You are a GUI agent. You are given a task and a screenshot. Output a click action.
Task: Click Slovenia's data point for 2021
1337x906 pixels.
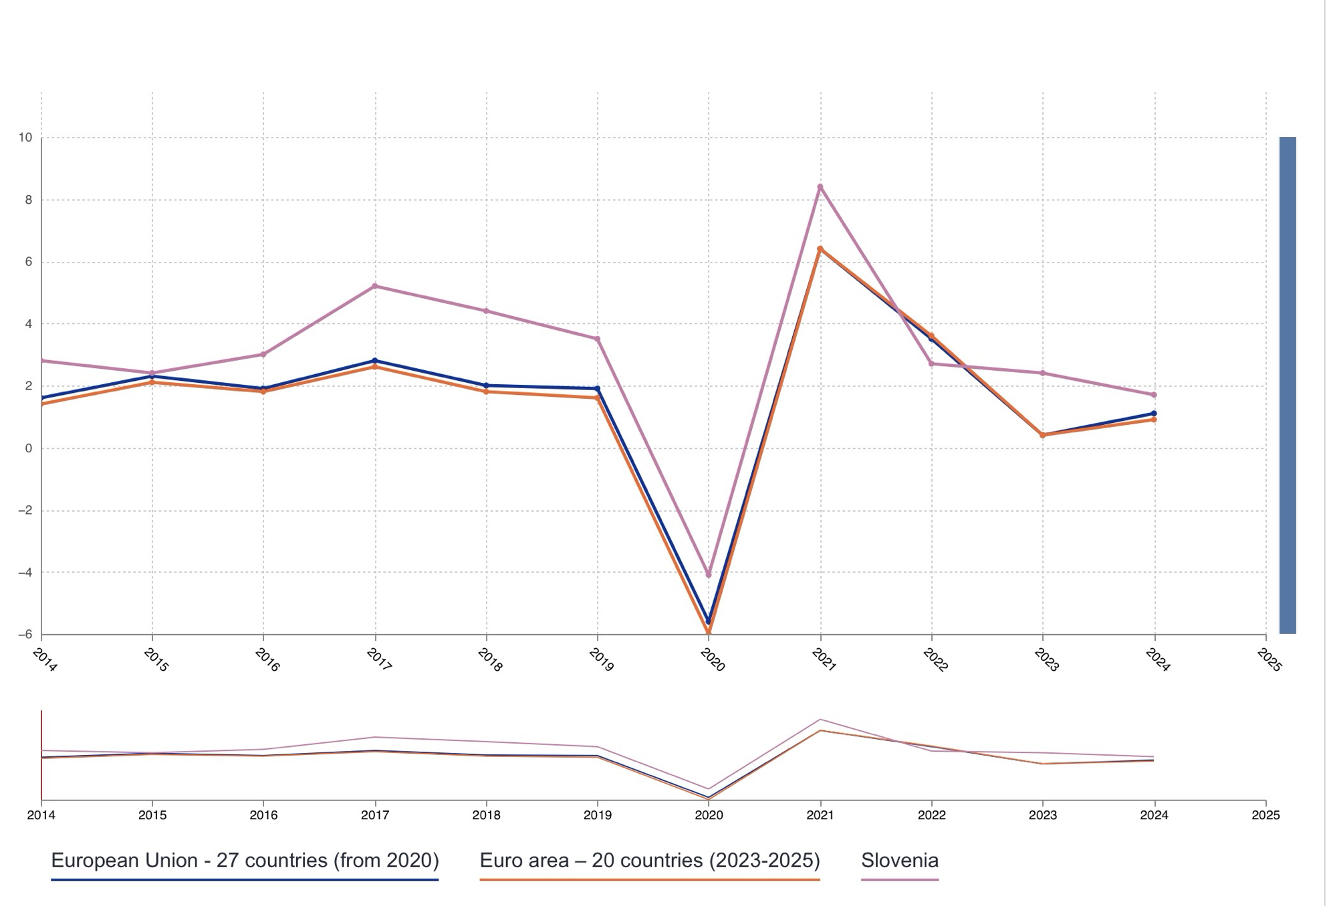point(820,187)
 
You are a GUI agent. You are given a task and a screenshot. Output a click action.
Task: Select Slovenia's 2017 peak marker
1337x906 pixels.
point(374,286)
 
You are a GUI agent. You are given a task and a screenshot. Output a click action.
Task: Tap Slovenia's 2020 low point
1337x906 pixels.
point(709,575)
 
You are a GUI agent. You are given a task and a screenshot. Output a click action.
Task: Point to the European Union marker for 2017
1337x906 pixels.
point(374,361)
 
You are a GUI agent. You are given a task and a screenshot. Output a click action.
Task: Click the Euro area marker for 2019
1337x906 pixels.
point(597,398)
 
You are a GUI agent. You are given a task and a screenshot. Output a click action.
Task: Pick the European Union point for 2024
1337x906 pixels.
point(1154,414)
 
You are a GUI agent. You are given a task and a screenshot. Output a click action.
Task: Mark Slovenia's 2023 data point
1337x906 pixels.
point(1043,373)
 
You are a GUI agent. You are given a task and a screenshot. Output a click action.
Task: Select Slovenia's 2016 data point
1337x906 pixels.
point(263,354)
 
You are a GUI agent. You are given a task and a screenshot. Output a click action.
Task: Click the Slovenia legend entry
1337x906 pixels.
point(899,861)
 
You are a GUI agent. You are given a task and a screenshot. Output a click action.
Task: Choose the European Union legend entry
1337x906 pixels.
point(245,861)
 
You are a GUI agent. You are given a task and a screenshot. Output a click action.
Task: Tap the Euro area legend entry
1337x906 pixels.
point(650,861)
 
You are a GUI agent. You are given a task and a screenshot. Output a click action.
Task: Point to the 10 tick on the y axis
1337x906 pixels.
point(25,138)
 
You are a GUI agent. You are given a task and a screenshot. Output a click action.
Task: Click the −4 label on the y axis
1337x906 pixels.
point(25,573)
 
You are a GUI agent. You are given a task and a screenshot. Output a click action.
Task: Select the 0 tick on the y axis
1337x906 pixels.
point(29,448)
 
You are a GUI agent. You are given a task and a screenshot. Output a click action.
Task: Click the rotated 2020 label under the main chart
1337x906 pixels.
point(713,660)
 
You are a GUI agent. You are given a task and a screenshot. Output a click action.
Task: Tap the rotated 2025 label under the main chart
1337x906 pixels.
point(1269,660)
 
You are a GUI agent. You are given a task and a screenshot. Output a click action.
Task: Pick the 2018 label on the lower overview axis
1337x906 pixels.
point(486,815)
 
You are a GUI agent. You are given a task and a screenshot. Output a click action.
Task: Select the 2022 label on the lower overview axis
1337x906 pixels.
point(931,815)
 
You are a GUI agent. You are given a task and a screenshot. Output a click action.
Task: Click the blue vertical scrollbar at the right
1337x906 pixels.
point(1288,385)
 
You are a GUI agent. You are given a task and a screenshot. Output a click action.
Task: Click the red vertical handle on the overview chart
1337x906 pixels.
point(41,755)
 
